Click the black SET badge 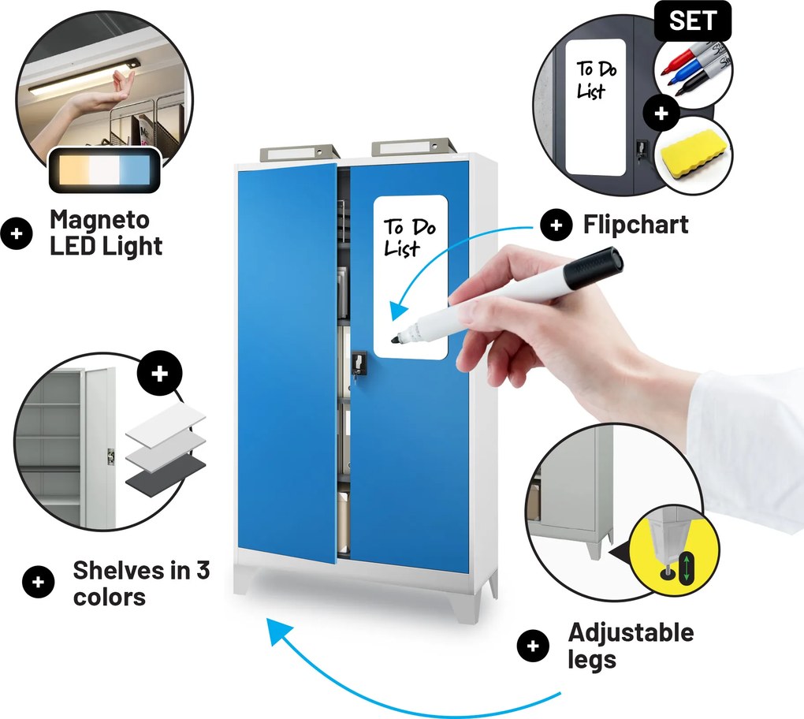coord(692,21)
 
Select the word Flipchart coord(636,225)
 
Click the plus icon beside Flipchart coord(556,225)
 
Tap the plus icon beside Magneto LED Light coord(17,234)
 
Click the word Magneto coord(100,219)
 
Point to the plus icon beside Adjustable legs coord(533,646)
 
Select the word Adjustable coord(631,633)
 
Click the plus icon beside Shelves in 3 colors coord(39,583)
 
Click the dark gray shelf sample coord(166,476)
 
